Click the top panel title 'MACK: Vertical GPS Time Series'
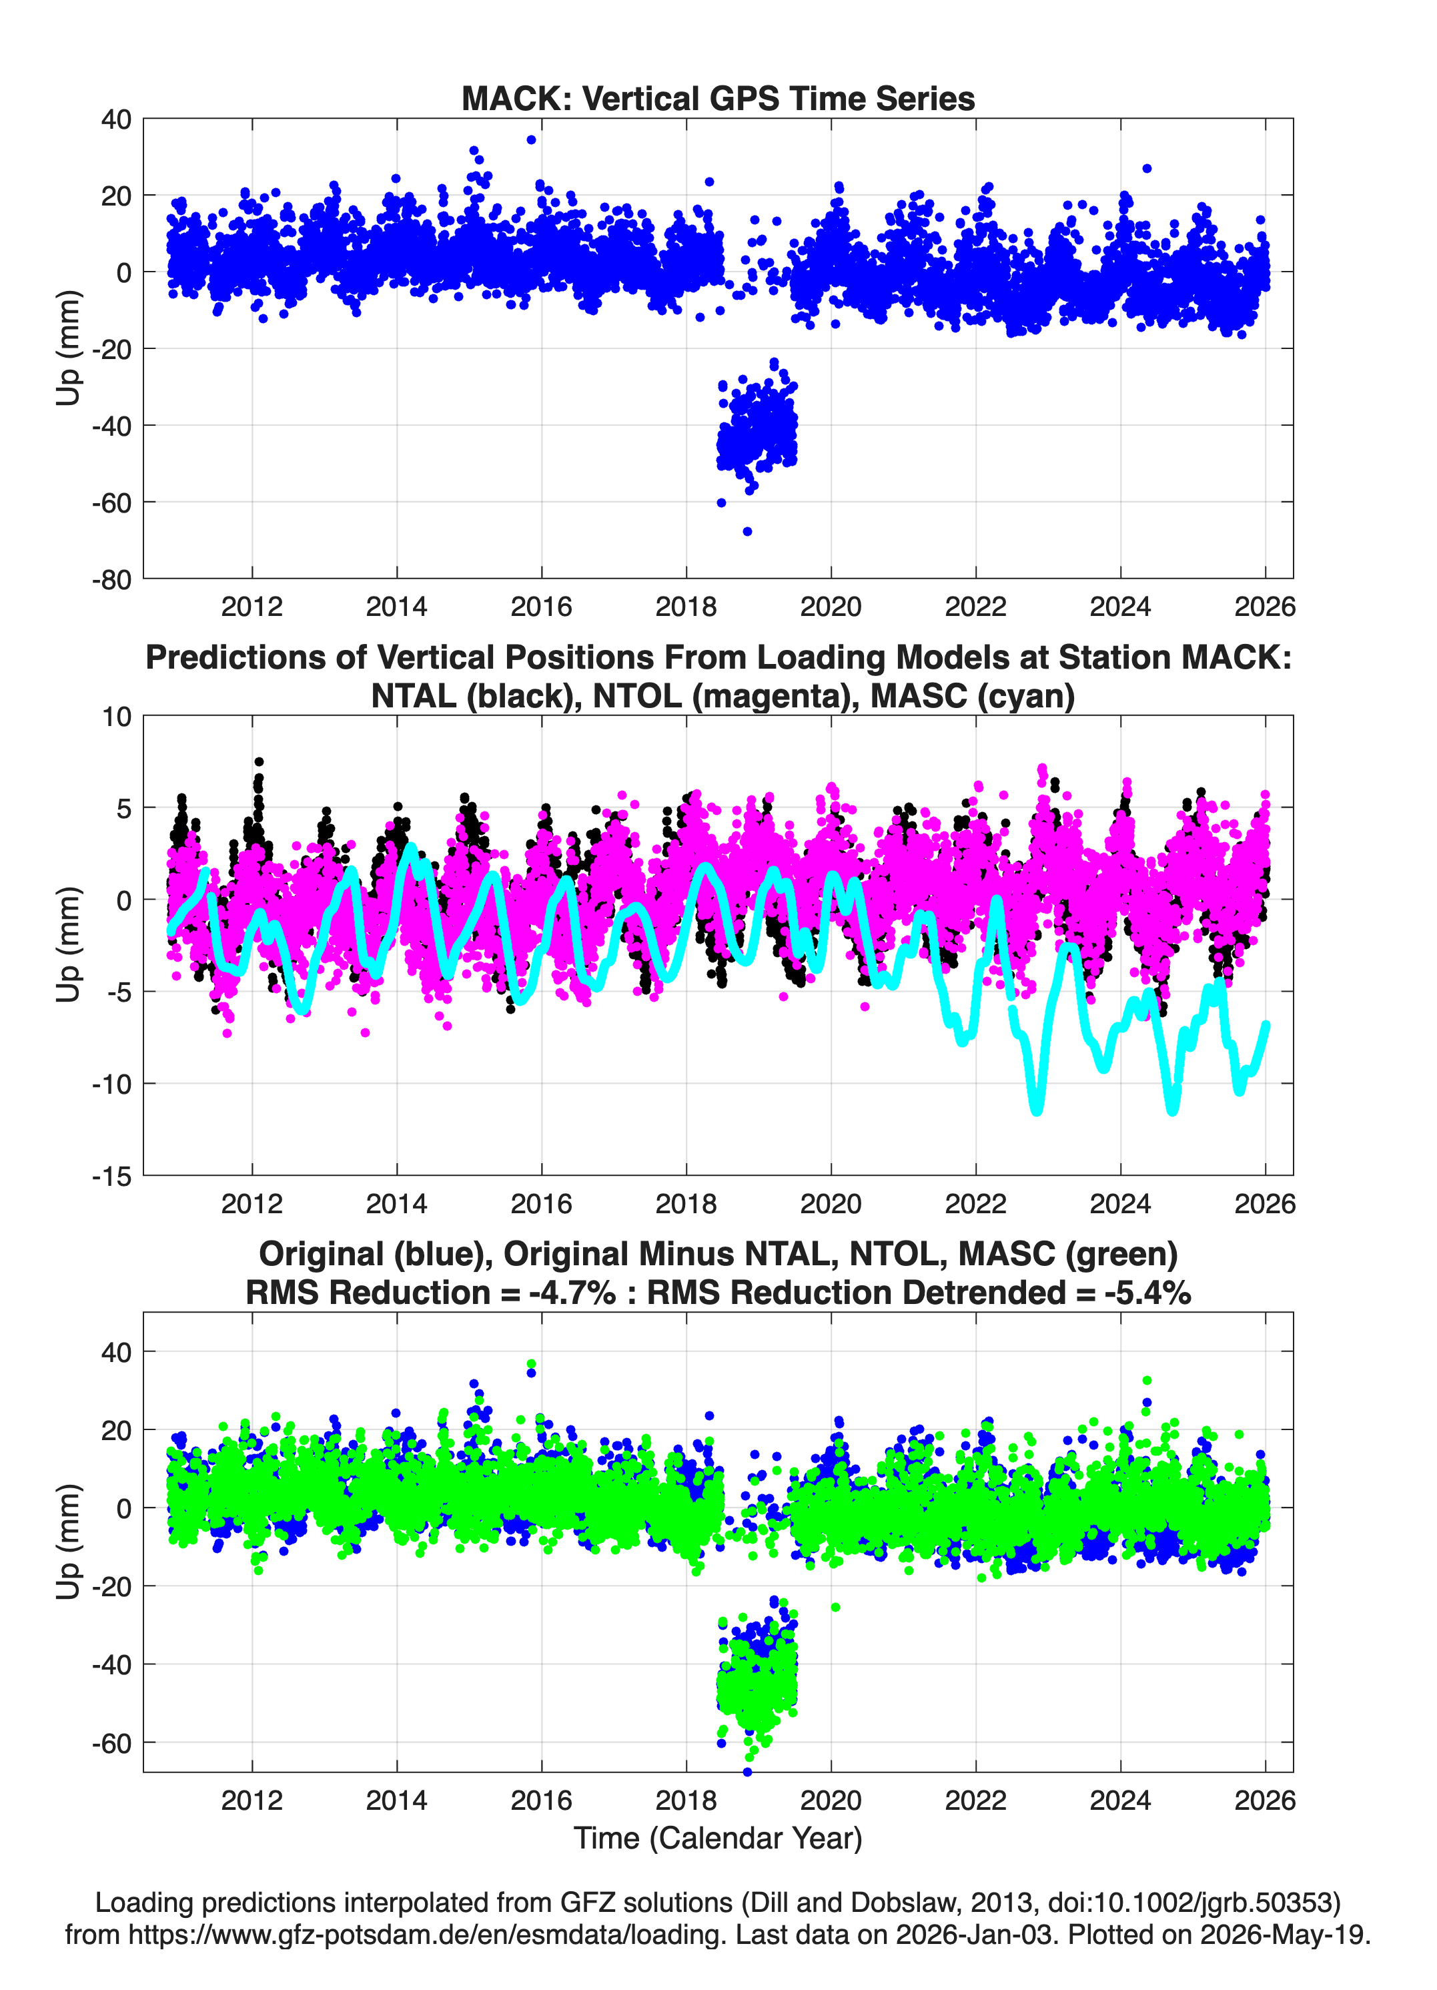[x=718, y=98]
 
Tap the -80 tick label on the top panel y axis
[x=111, y=580]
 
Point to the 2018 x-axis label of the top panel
[x=686, y=607]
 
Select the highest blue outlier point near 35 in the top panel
[x=531, y=139]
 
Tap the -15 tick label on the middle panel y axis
[x=111, y=1177]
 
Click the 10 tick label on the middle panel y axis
[x=117, y=717]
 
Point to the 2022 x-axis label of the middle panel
[x=975, y=1203]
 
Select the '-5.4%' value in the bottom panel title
[x=1147, y=1293]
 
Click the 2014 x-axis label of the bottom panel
[x=396, y=1800]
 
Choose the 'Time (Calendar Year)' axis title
[x=718, y=1837]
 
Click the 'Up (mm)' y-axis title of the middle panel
[x=69, y=945]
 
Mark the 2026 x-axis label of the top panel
[x=1265, y=607]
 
